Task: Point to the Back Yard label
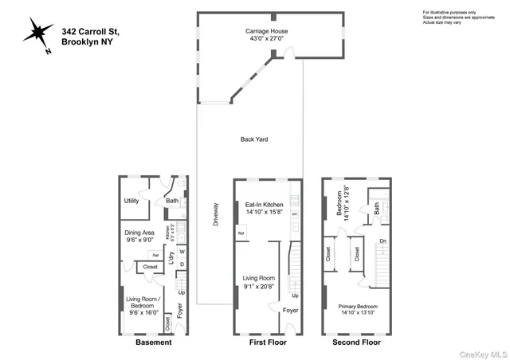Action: (254, 139)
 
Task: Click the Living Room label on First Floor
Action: (259, 282)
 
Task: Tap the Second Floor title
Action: (355, 342)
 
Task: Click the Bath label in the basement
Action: (172, 202)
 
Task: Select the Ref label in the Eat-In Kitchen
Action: (241, 233)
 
